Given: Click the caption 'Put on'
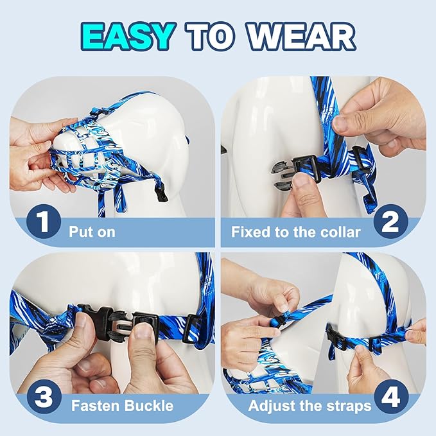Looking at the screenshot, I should coord(92,231).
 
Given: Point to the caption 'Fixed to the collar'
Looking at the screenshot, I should coord(295,231).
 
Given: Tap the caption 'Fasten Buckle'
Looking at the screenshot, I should coord(121,406).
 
